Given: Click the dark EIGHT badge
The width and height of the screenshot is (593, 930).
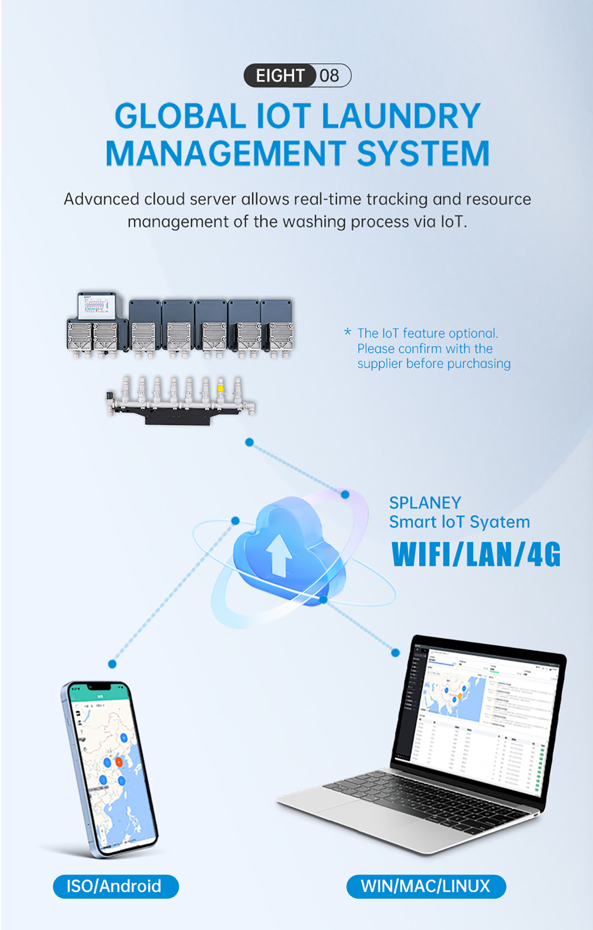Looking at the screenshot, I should [x=280, y=76].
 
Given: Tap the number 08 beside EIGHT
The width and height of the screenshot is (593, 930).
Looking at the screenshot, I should [x=330, y=76].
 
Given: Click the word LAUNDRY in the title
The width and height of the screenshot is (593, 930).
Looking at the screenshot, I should [x=401, y=116].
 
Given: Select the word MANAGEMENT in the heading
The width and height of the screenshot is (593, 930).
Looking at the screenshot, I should [x=226, y=153].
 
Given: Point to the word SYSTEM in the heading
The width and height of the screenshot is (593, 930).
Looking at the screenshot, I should [x=423, y=153].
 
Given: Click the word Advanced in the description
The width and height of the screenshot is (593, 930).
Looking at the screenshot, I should [x=101, y=199].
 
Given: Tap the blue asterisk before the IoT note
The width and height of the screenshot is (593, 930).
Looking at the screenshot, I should [x=348, y=332].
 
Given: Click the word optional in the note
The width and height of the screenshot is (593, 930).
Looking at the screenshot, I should [x=472, y=333].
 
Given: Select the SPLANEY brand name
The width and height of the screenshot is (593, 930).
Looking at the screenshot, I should [x=425, y=503].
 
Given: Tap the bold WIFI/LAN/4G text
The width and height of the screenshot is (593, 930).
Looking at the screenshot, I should [x=476, y=554].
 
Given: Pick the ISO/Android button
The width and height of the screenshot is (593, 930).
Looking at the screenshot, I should [x=116, y=886].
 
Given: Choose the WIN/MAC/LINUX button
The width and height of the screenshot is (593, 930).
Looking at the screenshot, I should [x=426, y=886].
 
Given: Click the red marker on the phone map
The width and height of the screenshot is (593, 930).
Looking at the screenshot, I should [x=119, y=762].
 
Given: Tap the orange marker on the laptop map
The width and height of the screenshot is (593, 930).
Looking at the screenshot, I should [x=459, y=696].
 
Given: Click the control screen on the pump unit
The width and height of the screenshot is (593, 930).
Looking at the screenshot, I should [x=96, y=305].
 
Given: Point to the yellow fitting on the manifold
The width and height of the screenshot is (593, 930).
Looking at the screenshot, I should [x=220, y=388].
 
